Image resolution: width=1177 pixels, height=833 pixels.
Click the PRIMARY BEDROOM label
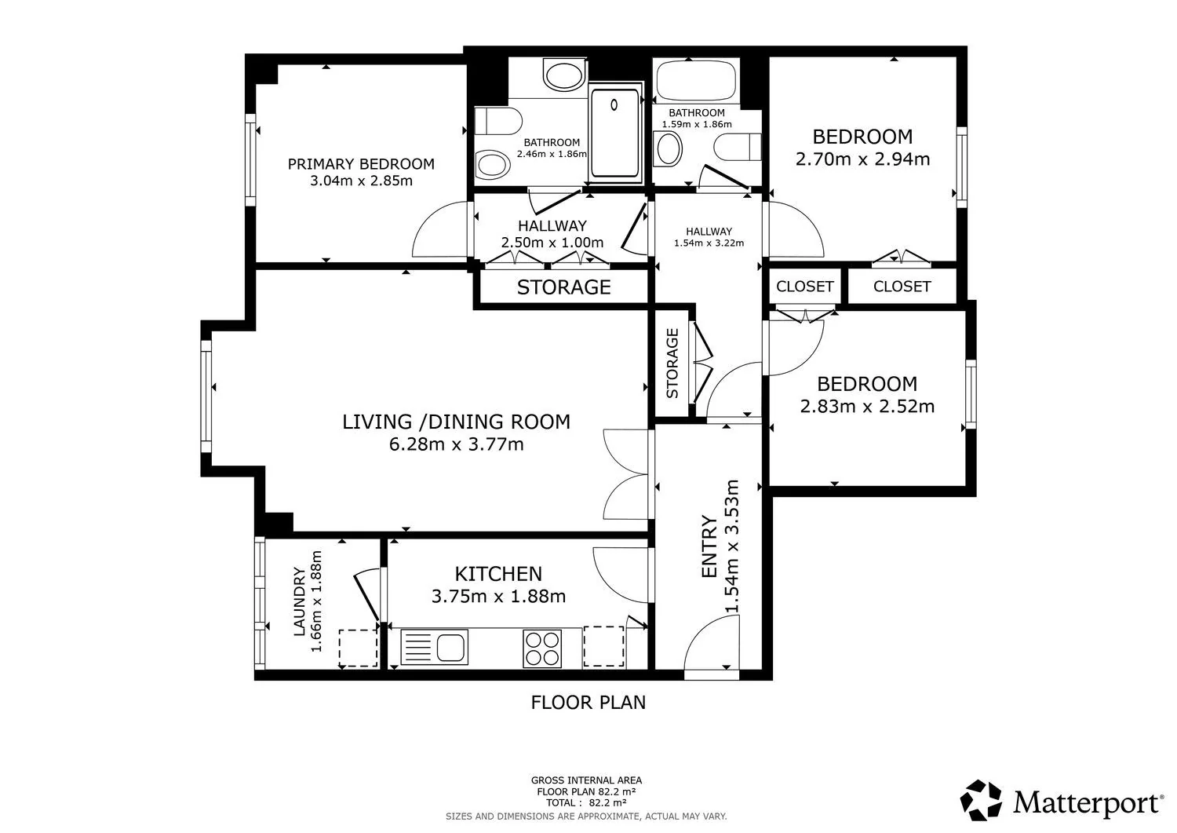click(x=361, y=164)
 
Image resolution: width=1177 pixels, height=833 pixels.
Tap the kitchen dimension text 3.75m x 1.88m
click(x=498, y=597)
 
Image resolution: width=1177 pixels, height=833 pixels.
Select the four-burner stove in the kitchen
click(x=542, y=649)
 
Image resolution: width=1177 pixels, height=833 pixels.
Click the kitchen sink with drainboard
click(x=434, y=647)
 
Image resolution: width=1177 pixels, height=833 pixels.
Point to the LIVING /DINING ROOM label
click(x=456, y=422)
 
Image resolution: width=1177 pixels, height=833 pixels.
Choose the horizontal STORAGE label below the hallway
click(x=564, y=287)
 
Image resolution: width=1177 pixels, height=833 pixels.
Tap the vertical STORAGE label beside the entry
click(x=672, y=363)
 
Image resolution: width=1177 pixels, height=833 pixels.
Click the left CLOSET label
click(x=805, y=287)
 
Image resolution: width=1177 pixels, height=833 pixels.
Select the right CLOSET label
click(x=902, y=287)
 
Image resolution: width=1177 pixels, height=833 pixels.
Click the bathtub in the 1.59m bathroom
click(x=697, y=80)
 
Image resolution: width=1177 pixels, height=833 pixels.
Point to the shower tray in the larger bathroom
click(x=615, y=133)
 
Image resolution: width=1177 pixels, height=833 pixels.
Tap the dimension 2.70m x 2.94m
click(x=863, y=159)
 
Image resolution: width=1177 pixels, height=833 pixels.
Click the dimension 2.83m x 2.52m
click(x=868, y=407)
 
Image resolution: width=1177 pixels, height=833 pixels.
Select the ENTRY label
click(x=709, y=547)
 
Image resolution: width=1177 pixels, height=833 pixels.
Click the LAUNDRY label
click(x=299, y=601)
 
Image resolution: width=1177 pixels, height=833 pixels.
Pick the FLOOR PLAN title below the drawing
click(x=588, y=703)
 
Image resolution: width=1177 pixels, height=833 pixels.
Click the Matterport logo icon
click(x=981, y=800)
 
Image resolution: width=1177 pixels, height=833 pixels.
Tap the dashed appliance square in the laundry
click(x=359, y=648)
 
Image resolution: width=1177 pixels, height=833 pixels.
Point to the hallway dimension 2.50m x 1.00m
click(x=552, y=243)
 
